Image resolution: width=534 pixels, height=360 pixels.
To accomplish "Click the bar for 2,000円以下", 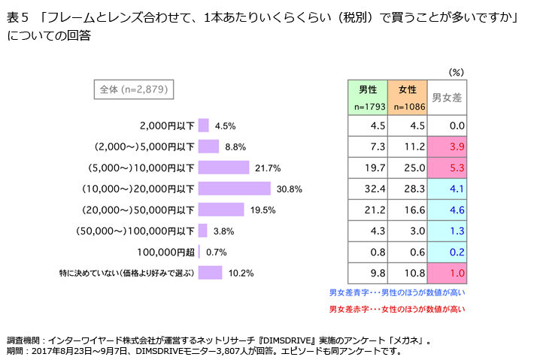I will (x=204, y=126).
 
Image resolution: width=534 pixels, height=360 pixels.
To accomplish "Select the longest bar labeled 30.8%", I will (x=235, y=188).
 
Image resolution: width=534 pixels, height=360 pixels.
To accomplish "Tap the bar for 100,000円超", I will (x=200, y=251).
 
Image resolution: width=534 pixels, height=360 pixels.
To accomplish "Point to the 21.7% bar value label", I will (x=268, y=168).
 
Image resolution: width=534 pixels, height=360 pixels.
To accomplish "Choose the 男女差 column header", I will (x=448, y=97).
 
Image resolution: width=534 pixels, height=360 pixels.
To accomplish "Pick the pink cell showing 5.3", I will (x=448, y=168).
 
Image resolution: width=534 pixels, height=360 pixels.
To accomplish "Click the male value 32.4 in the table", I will (x=367, y=189).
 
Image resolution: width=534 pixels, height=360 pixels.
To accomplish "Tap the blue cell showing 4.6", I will (x=448, y=210).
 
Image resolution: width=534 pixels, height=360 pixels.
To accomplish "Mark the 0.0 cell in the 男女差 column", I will (x=448, y=126).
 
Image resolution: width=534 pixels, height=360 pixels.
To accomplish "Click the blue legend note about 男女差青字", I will (x=397, y=292).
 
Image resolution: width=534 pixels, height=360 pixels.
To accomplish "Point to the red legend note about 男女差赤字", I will (x=397, y=309).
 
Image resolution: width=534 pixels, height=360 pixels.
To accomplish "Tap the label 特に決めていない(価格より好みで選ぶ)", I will (x=127, y=272).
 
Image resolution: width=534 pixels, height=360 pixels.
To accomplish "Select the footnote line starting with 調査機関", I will (x=218, y=340).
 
